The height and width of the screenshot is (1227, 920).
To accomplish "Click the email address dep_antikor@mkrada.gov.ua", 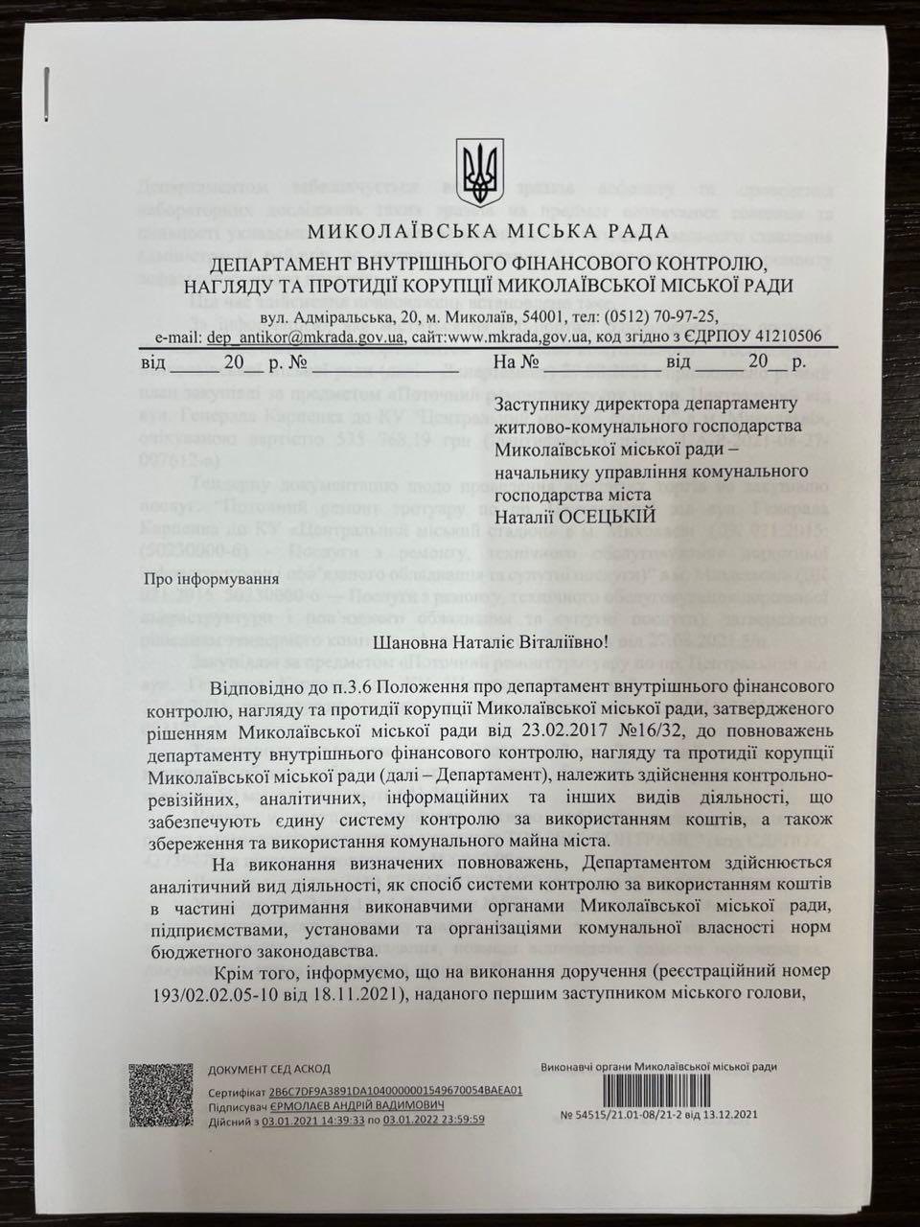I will click(x=307, y=336).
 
